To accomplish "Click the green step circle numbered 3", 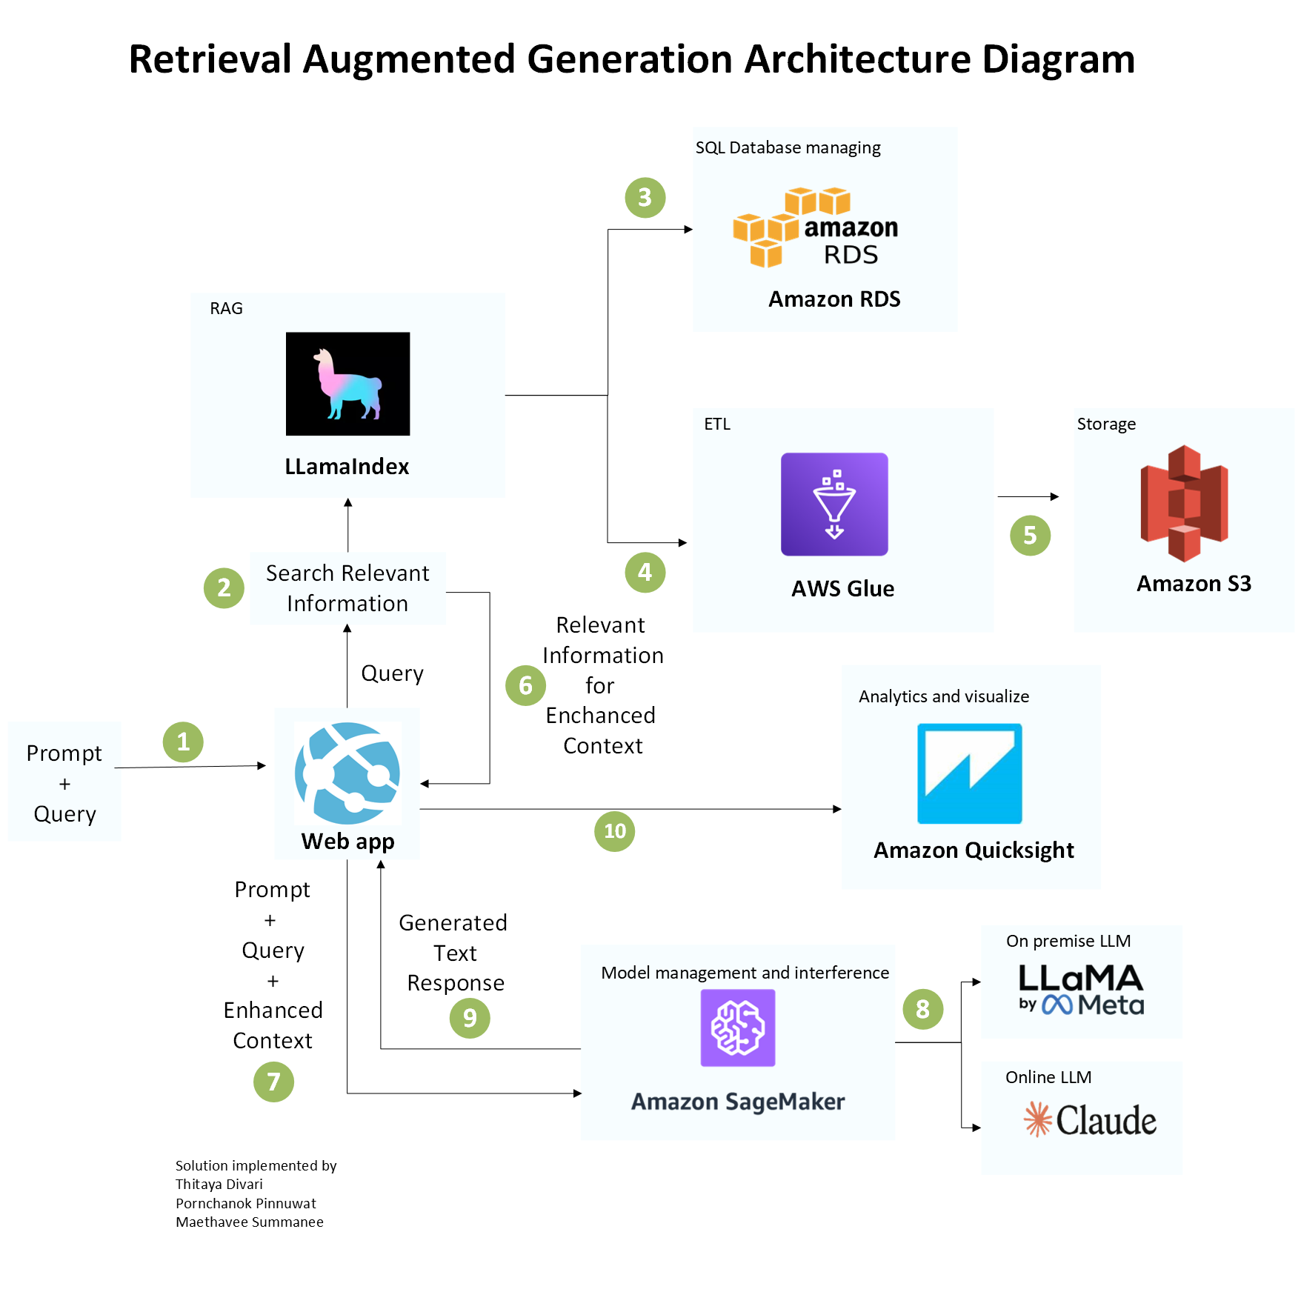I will coord(645,198).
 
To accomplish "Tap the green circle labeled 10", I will coord(614,831).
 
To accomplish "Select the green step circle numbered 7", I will coord(273,1082).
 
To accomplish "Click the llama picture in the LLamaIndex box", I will coord(347,384).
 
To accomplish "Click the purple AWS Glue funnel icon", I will coord(834,504).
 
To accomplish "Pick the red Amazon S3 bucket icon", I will coord(1184,503).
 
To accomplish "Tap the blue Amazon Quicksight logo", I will coord(969,773).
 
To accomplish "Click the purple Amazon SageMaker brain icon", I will coord(737,1028).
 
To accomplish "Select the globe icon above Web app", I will coord(347,773).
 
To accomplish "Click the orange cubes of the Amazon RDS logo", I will coord(767,227).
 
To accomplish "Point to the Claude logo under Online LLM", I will coord(1090,1119).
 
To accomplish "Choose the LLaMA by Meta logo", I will coord(1081,990).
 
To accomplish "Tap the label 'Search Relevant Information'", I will coord(347,588).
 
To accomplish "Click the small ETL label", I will coord(716,424).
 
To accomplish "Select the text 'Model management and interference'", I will coord(745,973).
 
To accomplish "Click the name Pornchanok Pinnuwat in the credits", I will coord(245,1203).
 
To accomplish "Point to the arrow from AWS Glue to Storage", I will coord(1028,496).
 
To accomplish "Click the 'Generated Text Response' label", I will coord(454,953).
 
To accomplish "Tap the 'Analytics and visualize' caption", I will coord(943,696).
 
